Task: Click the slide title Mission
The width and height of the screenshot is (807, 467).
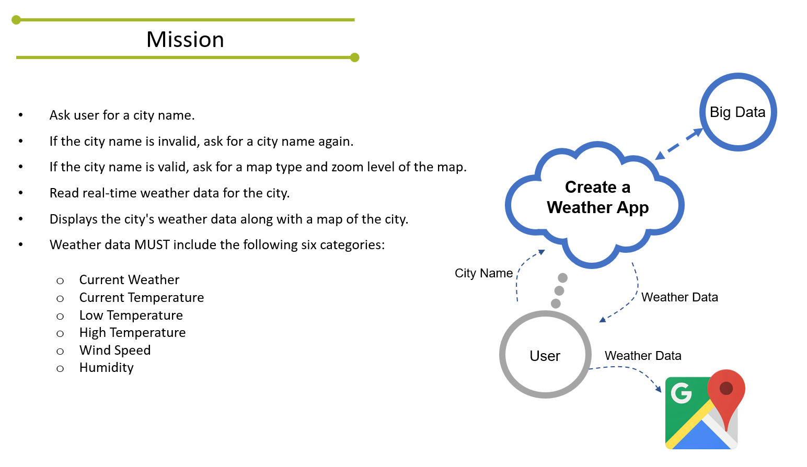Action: coord(185,40)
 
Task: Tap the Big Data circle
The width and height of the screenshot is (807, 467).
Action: coord(737,112)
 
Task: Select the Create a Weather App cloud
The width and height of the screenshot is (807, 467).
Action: coord(597,198)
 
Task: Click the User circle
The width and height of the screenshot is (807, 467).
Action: coord(545,356)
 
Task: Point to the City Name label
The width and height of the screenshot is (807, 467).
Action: coord(483,273)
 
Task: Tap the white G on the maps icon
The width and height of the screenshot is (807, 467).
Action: coord(681,393)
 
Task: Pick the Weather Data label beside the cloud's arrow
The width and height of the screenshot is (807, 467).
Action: coord(679,297)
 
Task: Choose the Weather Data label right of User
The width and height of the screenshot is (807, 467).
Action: coord(643,356)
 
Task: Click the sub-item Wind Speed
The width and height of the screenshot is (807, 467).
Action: coord(115,351)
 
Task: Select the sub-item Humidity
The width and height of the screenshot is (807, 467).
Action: coord(107,368)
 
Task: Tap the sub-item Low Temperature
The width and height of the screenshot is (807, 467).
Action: coord(131,316)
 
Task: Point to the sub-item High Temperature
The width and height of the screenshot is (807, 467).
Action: coord(132,333)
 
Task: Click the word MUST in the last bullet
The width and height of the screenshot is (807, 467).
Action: coord(152,245)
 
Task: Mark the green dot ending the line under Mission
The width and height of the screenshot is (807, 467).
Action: coord(355,57)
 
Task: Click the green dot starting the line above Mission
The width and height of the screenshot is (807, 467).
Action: coord(16,20)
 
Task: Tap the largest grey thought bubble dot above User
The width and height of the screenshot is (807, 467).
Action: coord(562,278)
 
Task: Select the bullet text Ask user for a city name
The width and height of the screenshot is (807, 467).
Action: coord(122,115)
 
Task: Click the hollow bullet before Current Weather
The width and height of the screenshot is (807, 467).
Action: coord(60,281)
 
